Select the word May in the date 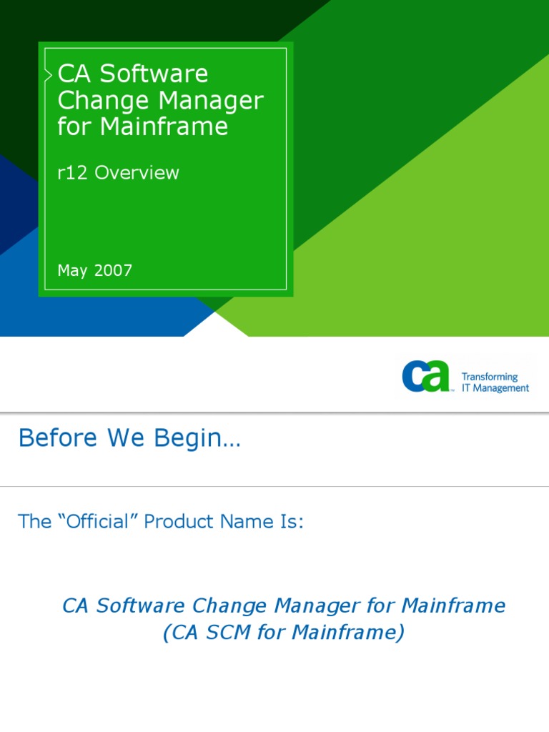(72, 271)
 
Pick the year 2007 (113, 271)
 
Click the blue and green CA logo (426, 376)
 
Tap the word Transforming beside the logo (490, 377)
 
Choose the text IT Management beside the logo (495, 388)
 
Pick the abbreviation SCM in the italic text (229, 633)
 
